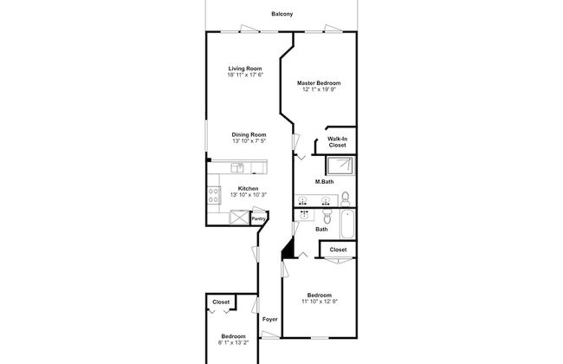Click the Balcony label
pos(281,14)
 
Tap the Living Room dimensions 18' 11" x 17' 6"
pos(245,75)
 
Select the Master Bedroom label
pos(319,83)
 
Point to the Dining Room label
pos(249,134)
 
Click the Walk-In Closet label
pos(337,142)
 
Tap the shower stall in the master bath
pos(340,166)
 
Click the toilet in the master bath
pos(346,198)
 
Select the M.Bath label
pos(324,182)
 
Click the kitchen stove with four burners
pos(213,195)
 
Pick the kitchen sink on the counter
pos(237,167)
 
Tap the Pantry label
pos(258,218)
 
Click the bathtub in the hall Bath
pos(347,224)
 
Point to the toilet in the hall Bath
pos(327,216)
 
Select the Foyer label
pos(269,319)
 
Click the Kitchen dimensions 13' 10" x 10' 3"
pos(248,195)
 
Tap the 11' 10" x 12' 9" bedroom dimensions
pos(320,302)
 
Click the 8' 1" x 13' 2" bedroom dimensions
pos(233,342)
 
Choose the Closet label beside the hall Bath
pos(338,250)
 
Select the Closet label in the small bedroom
pos(221,302)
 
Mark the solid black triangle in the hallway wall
pos(289,250)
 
